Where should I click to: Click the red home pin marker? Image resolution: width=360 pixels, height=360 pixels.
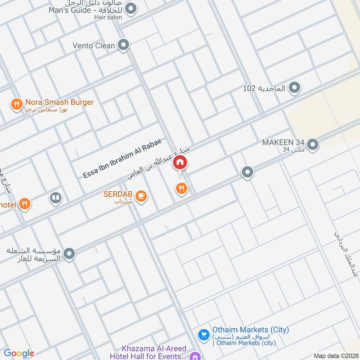pos(180,162)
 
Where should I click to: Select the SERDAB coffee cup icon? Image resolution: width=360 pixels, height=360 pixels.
pos(141,196)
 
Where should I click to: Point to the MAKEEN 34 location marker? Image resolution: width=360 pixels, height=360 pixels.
pos(313,144)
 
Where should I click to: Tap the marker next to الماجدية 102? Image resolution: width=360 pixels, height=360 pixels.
pos(294,88)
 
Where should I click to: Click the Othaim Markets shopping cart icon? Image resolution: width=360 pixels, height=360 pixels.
pos(204,334)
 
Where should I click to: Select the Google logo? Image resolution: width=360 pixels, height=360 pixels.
pos(19,353)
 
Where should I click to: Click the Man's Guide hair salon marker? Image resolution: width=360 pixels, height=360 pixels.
pos(131,8)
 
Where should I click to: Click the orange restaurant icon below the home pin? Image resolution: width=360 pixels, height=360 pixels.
pos(182,189)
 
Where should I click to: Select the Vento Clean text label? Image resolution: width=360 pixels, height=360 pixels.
pos(93,45)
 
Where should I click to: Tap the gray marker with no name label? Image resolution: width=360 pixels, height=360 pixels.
pos(247,172)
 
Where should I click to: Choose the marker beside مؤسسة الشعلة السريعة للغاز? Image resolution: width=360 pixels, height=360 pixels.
pos(69,255)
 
